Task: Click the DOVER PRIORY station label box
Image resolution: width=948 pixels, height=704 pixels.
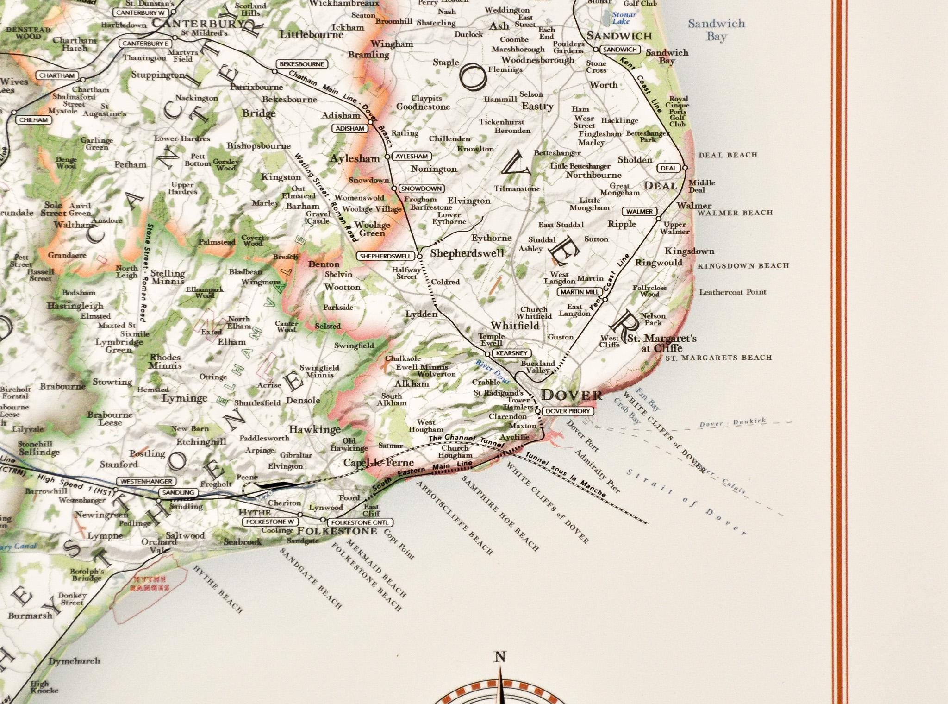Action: coord(568,411)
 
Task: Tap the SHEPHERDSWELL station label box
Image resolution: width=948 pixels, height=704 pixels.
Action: coord(386,256)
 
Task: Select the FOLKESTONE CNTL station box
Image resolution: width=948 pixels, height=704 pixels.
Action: coord(360,522)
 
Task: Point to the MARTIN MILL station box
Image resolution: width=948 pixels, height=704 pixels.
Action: coord(580,292)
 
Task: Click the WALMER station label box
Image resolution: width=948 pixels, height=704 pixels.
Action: coord(640,211)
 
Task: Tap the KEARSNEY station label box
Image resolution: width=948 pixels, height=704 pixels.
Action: coord(511,353)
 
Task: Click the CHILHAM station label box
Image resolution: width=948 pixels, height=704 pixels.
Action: coord(34,120)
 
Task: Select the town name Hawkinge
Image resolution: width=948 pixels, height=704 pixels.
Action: coord(315,429)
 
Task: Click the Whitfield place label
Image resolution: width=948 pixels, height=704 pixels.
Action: coord(515,326)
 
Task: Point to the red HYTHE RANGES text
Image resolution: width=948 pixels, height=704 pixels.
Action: coord(150,584)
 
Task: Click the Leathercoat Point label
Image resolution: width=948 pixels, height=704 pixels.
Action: coord(732,292)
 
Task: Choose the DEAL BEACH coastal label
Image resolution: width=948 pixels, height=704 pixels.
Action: coord(728,155)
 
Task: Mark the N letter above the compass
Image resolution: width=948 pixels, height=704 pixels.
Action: coord(500,657)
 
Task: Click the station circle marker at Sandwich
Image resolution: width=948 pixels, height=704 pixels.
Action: coord(596,50)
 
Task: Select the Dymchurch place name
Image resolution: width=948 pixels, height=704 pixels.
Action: coord(74,661)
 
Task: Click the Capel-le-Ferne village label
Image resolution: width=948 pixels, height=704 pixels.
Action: coord(378,463)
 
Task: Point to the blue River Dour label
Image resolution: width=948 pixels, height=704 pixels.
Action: coord(493,371)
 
